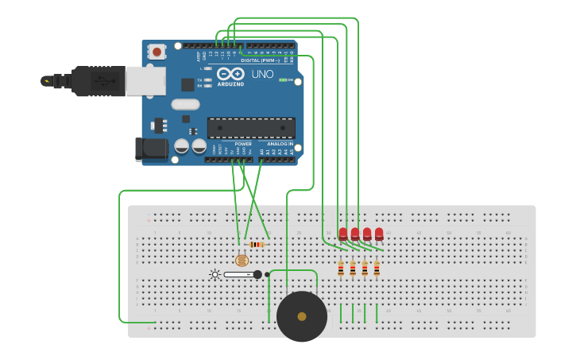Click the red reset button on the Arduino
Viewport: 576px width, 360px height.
[x=157, y=52]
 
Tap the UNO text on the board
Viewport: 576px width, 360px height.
[x=262, y=74]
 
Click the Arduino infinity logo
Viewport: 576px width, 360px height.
[x=231, y=74]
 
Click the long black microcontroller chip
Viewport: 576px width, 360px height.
[x=251, y=128]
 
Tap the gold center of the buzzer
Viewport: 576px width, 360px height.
[x=302, y=316]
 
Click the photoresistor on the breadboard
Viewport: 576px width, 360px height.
[x=242, y=260]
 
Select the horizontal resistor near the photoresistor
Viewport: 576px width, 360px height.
[x=256, y=244]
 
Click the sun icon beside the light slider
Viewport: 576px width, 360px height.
[x=215, y=274]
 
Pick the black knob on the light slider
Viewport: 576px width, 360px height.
[x=257, y=274]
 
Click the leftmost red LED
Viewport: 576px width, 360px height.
[x=343, y=234]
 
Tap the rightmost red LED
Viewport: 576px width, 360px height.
[x=379, y=234]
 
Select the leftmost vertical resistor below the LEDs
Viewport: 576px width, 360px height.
[x=341, y=269]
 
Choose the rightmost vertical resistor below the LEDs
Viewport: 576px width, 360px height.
[x=377, y=269]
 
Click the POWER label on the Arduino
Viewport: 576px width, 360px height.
[x=243, y=144]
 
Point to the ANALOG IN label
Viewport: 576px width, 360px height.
[x=280, y=144]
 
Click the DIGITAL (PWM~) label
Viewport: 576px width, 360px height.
[x=261, y=60]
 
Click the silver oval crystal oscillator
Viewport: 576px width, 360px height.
[x=185, y=104]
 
